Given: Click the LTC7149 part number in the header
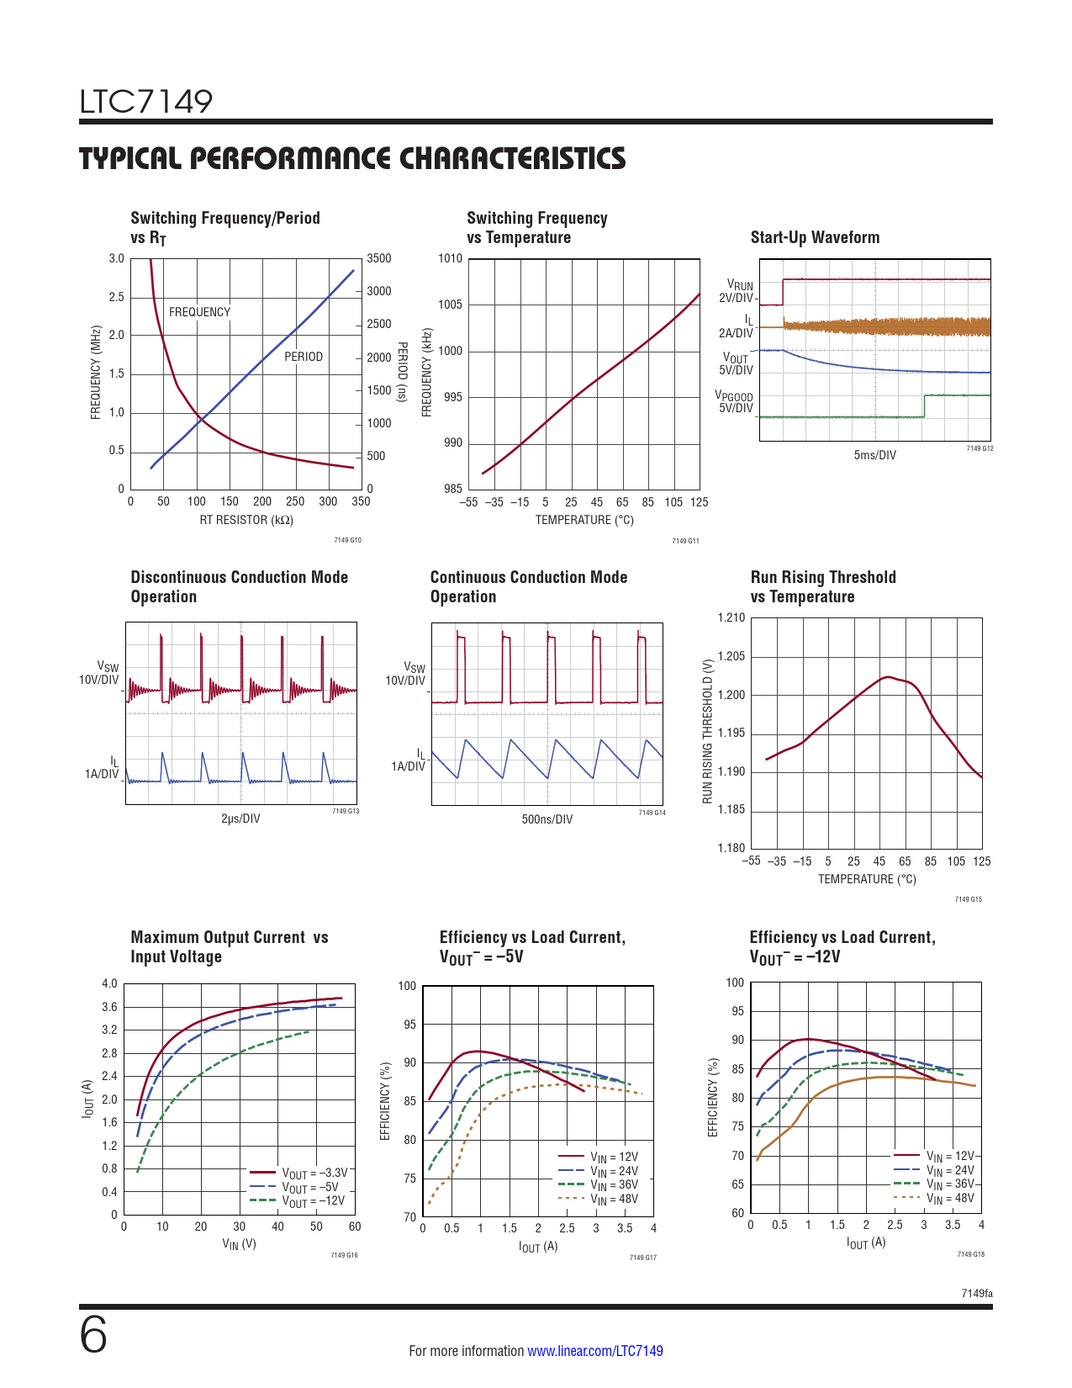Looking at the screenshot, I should pos(146,102).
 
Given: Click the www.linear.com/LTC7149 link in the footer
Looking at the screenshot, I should pos(594,1351).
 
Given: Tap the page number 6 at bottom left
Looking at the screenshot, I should pos(93,1335).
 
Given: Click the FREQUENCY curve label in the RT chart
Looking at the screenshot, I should pos(199,312).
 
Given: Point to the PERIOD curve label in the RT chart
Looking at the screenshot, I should pos(304,357).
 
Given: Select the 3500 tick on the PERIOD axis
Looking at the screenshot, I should pos(379,259).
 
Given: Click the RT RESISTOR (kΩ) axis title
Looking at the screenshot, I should pos(246,520).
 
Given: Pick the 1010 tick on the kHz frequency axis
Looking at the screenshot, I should pos(451,259).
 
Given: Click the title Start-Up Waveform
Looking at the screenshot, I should pos(815,238).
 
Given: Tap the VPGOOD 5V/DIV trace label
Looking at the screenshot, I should pos(735,402).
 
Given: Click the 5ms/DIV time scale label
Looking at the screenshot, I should pos(874,455).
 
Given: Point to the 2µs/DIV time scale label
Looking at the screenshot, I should pos(240,818).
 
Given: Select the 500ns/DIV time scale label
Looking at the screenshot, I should pos(547,819).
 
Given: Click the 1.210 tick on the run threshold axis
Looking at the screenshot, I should pos(731,618).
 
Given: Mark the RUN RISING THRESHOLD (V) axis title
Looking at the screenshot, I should pos(708,730).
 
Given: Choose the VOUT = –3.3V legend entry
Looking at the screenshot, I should pos(314,1173).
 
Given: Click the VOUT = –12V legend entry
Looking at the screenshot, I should pos(313,1201).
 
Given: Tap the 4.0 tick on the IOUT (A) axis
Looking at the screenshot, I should pos(109,984).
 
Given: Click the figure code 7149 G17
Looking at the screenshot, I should pos(642,1258).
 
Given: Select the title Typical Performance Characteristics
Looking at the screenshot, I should pos(352,159).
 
